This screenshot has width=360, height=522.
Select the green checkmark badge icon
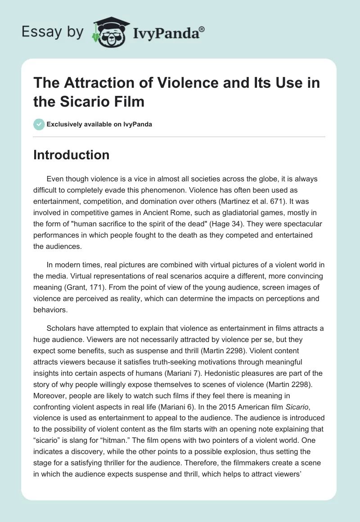coord(39,124)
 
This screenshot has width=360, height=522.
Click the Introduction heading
coord(71,155)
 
